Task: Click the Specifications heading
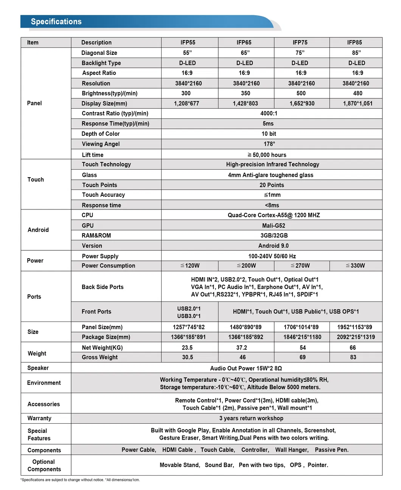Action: pos(56,22)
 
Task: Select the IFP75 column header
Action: pos(300,42)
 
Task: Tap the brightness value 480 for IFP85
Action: pos(357,93)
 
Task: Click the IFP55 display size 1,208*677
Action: pos(187,103)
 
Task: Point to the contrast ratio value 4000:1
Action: pos(269,113)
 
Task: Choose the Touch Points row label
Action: pos(99,185)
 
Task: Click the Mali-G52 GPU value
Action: pos(274,225)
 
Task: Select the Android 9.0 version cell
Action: pos(273,246)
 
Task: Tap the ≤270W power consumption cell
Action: pos(300,265)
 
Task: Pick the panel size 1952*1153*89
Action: pos(354,327)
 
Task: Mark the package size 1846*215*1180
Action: pos(302,337)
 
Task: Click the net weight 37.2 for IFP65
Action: pos(242,347)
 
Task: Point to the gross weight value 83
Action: pos(353,357)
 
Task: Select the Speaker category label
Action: pos(38,368)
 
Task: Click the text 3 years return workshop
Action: pos(251,418)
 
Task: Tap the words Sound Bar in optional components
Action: pos(219,465)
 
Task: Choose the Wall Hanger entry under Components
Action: pos(292,450)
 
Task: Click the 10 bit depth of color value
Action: pos(269,134)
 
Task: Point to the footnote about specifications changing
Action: pos(80,480)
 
